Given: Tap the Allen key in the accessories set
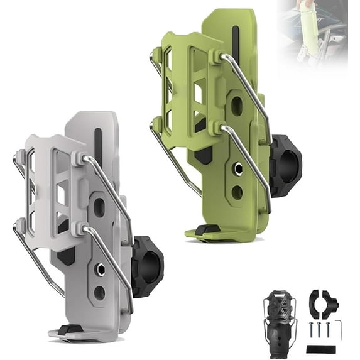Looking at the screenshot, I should pyautogui.click(x=339, y=327).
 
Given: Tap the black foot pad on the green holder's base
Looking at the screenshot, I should pyautogui.click(x=207, y=229).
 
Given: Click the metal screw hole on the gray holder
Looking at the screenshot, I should pyautogui.click(x=100, y=269).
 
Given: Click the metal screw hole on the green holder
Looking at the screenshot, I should pyautogui.click(x=238, y=168).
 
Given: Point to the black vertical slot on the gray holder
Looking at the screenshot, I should pyautogui.click(x=97, y=146).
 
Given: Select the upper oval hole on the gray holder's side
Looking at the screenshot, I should pyautogui.click(x=100, y=209).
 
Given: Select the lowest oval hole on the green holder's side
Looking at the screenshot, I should pyautogui.click(x=237, y=192).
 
